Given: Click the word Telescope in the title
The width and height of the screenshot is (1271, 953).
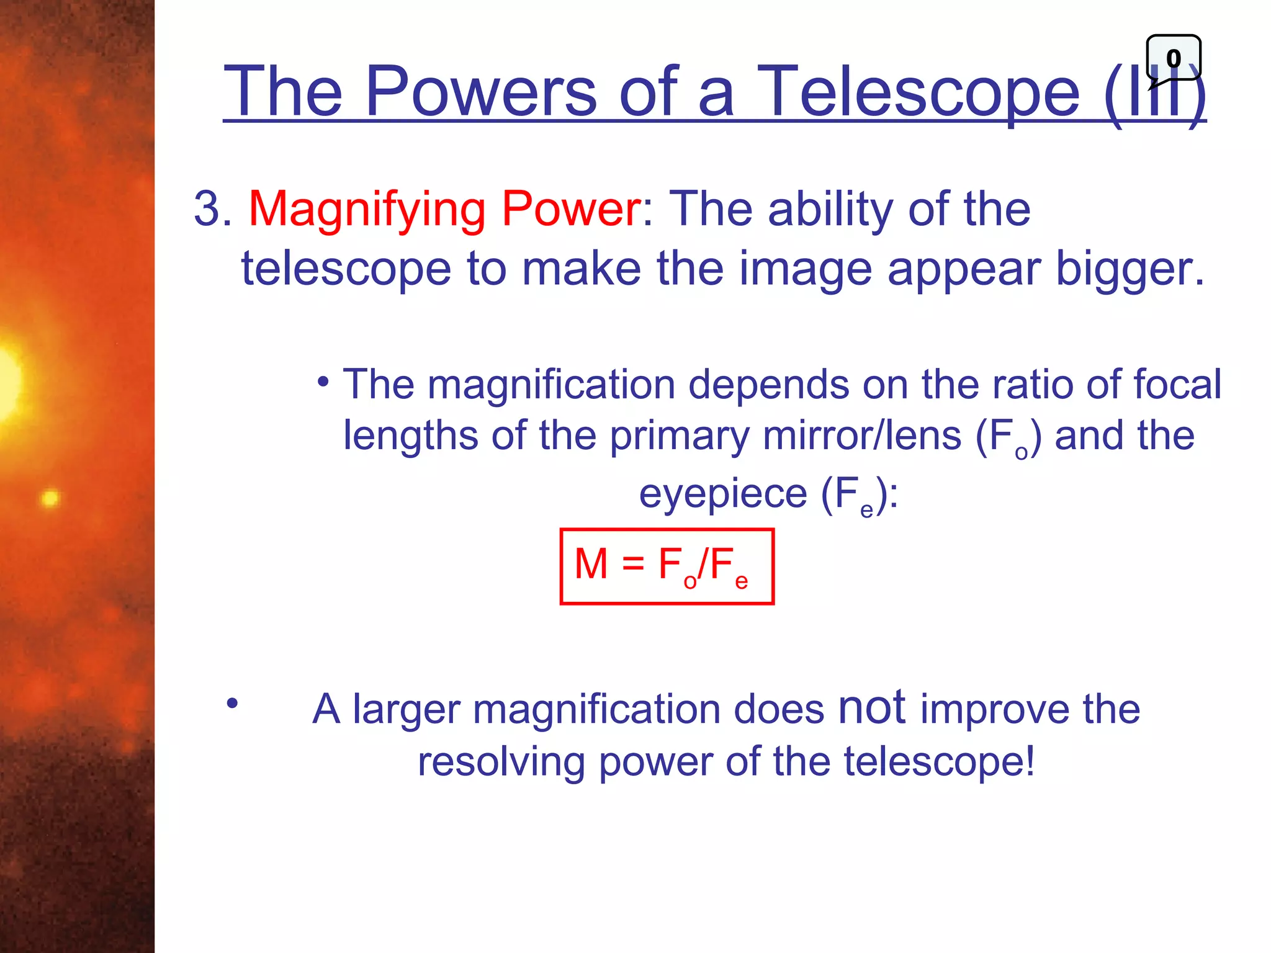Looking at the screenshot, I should coord(918,92).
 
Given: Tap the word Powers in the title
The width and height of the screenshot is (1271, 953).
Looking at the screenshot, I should coord(481,92).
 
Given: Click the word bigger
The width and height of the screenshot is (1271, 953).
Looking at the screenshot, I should coord(1130,269).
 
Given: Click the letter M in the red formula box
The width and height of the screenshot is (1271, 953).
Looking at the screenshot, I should coord(591,564).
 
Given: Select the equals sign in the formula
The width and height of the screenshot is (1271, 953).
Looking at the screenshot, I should coord(633,565).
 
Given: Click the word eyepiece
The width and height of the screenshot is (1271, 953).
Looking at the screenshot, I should coord(723,494).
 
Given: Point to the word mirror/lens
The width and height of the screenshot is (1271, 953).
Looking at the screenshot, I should coord(862,436).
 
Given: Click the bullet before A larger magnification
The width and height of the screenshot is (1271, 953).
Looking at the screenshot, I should coord(232,704).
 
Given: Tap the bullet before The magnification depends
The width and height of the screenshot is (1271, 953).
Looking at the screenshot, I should coord(323,382).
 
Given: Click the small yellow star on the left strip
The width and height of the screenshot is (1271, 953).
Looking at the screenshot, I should coord(50,498).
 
